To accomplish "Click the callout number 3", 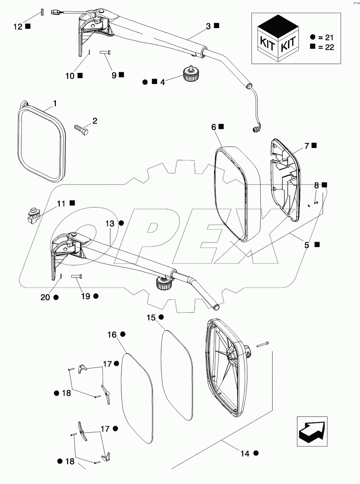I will point(208,26).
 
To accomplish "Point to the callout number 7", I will point(307,146).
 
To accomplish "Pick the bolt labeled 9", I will point(105,52).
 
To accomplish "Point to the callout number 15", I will point(151,318).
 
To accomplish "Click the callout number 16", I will point(112,335).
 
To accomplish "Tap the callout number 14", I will point(245,454).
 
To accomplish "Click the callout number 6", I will point(214,127).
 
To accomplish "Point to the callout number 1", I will point(55,104).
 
